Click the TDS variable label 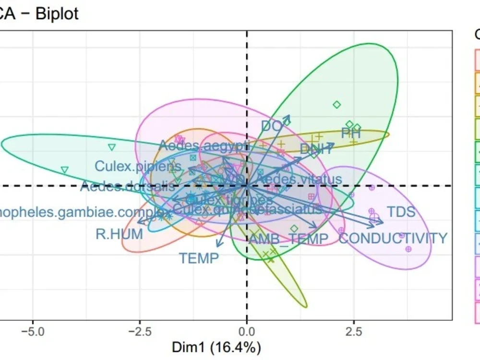[401, 212]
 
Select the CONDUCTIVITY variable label [393, 238]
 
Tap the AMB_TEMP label [288, 239]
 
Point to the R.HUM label [119, 234]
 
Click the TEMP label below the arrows [199, 258]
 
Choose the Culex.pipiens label [138, 166]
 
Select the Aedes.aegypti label [204, 145]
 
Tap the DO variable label [271, 126]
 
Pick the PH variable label [351, 133]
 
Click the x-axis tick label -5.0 [32, 332]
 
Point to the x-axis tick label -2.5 [139, 332]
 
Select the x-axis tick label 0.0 [247, 332]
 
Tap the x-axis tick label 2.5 [354, 332]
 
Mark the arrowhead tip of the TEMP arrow [217, 247]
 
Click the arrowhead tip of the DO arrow [289, 116]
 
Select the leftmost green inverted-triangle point [65, 169]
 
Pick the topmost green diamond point [336, 104]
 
